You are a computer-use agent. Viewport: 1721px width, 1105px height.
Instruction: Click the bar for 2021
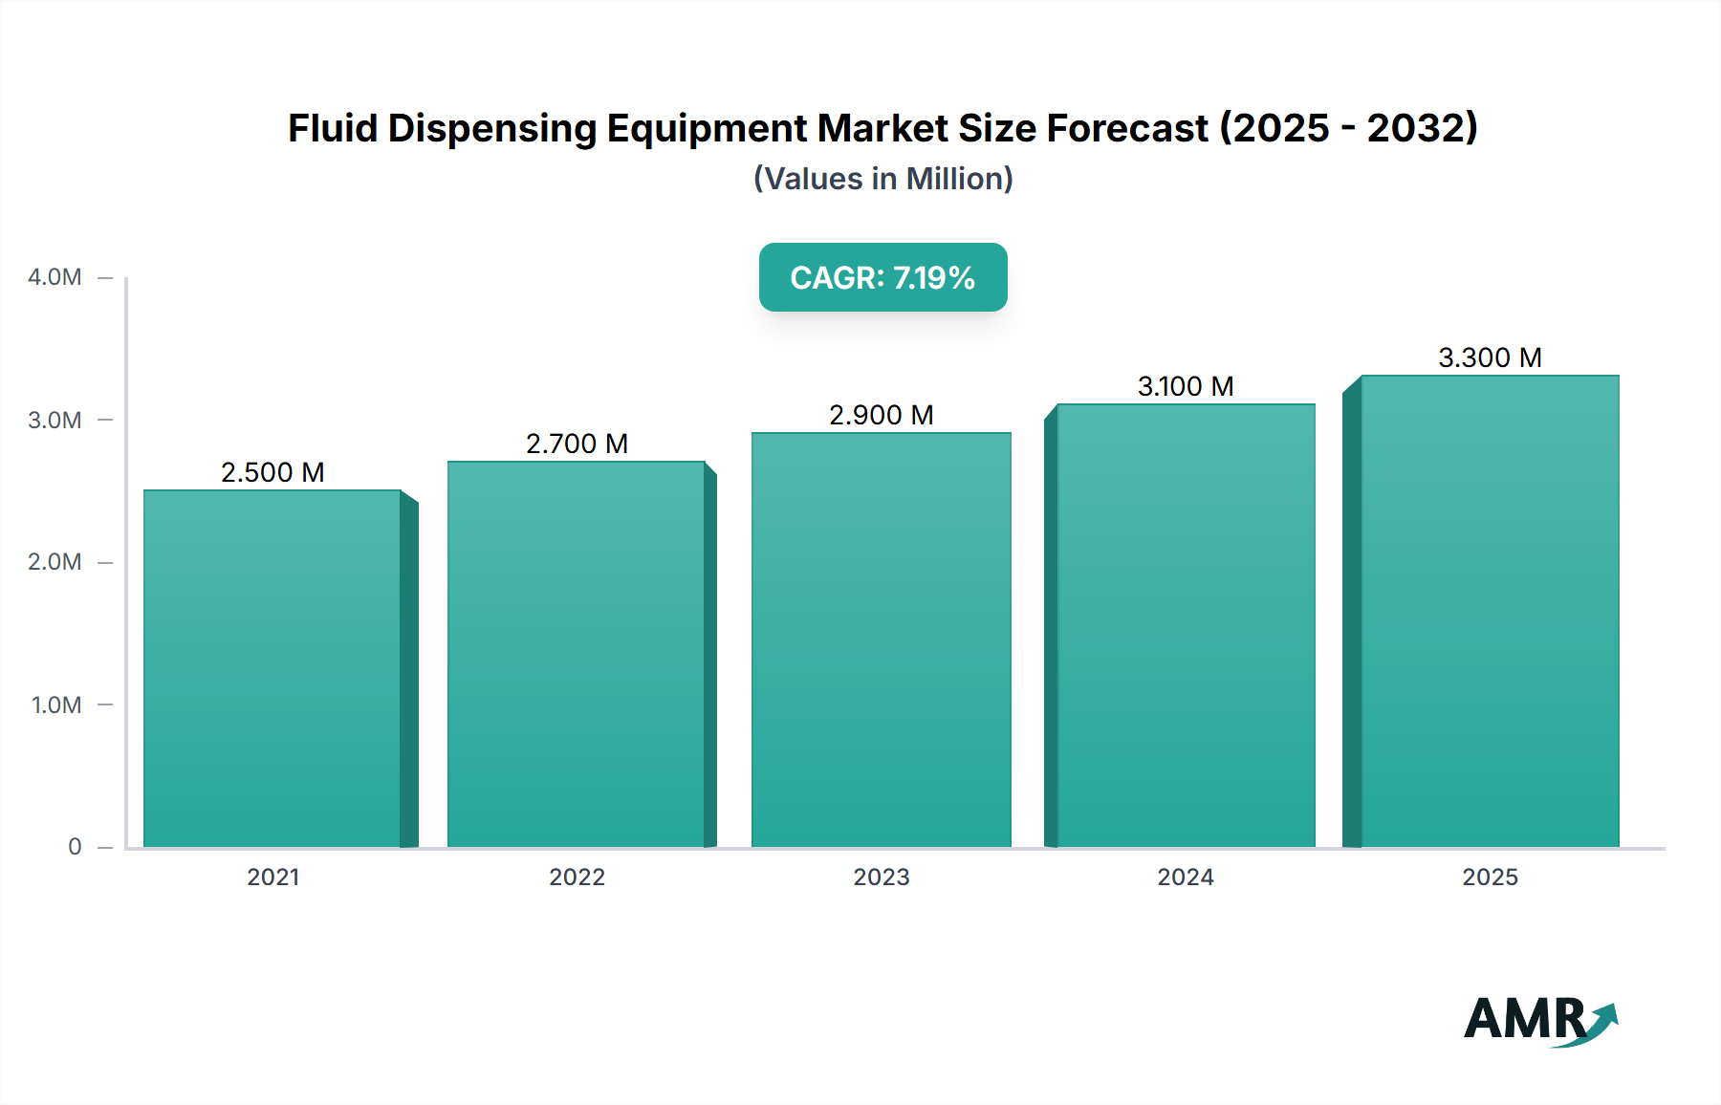[272, 669]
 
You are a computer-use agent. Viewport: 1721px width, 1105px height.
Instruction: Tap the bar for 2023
[881, 640]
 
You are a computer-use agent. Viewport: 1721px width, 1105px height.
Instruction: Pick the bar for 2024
[1186, 626]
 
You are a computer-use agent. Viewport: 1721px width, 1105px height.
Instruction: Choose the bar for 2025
[1490, 612]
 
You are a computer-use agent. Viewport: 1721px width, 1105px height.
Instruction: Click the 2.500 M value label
[272, 472]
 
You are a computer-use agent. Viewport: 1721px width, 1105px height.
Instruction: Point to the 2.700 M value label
[577, 444]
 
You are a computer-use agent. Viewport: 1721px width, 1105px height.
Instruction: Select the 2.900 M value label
[881, 415]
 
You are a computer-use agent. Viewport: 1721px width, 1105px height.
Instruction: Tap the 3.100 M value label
[1186, 386]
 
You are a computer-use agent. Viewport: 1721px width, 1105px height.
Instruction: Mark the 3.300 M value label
[1490, 357]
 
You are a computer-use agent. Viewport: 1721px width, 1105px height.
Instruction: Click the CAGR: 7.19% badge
[882, 277]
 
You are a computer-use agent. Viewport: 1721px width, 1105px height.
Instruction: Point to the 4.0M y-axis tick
[54, 277]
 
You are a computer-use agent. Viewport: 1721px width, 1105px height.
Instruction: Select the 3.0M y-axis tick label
[54, 420]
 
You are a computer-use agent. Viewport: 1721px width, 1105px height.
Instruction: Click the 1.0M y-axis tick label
[56, 704]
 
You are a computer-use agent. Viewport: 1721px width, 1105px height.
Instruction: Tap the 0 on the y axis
[75, 847]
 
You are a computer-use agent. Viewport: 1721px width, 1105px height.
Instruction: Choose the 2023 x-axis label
[881, 877]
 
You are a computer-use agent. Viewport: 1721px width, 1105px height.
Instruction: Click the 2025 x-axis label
[1490, 877]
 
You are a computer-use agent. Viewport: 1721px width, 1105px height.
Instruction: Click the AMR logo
[1539, 1020]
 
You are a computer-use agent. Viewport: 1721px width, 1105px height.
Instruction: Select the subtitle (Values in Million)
[882, 179]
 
